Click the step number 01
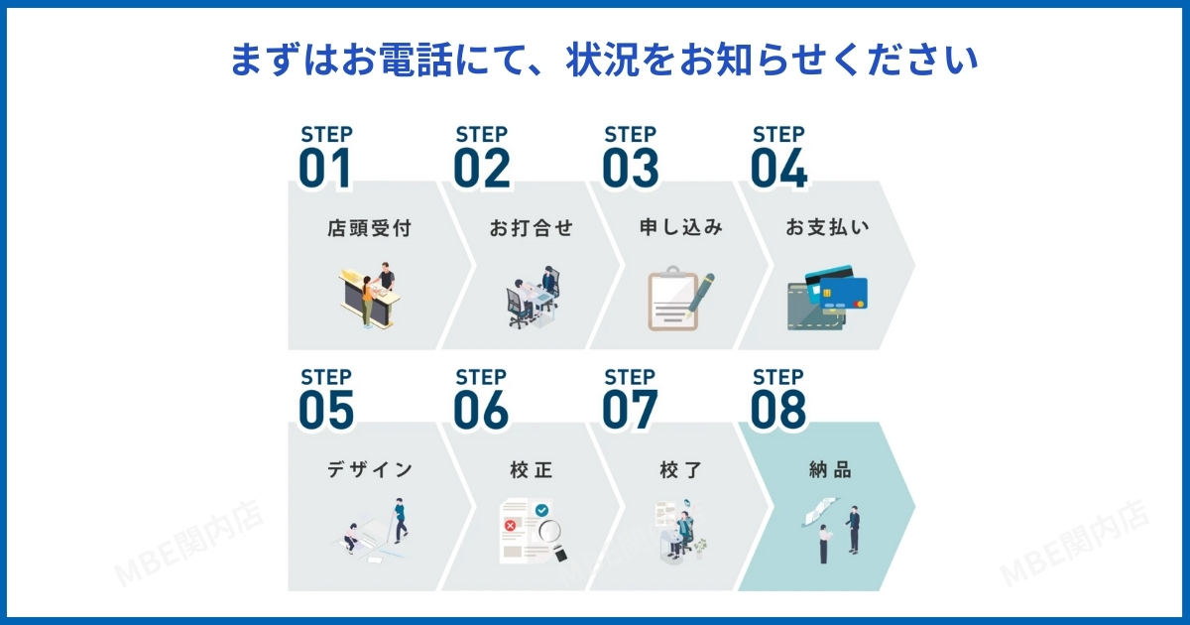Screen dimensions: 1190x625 tap(325, 168)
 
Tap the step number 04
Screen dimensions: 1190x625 tap(778, 168)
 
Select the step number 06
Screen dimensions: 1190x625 tap(481, 410)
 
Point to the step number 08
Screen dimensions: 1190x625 tap(778, 410)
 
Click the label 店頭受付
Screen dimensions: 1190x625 tap(369, 228)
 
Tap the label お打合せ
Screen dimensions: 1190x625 tap(532, 228)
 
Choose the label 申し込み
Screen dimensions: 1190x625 tap(681, 227)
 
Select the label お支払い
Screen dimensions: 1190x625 tap(828, 227)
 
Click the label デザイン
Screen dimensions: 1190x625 tap(370, 470)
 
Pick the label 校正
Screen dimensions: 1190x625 tap(532, 470)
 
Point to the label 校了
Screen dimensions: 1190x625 tap(681, 470)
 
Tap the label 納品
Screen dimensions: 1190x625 tap(830, 470)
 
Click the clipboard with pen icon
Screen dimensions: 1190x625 tap(680, 299)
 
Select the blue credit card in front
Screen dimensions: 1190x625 tap(844, 294)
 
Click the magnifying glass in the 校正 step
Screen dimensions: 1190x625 tap(552, 538)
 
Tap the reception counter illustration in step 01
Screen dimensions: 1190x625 tap(369, 296)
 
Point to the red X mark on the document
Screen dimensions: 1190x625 tap(510, 526)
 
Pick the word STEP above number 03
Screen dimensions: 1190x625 tap(630, 135)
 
